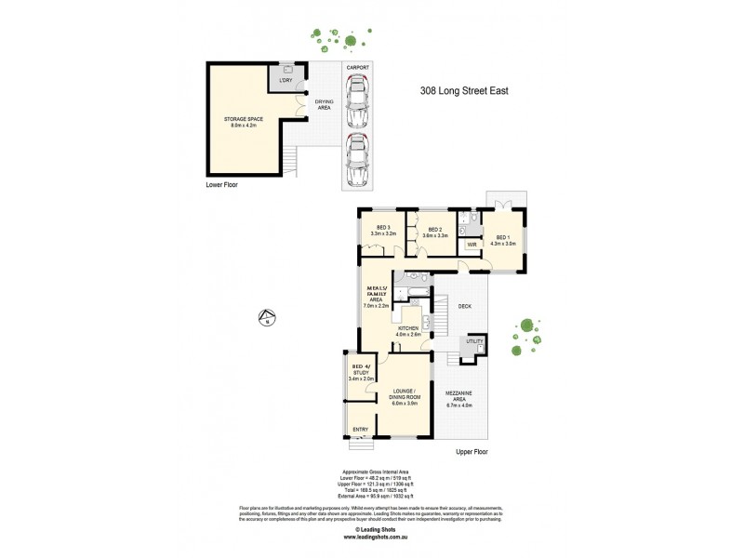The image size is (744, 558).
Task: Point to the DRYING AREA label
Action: click(324, 104)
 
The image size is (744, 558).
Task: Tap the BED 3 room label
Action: click(383, 231)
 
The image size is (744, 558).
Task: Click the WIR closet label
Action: click(472, 246)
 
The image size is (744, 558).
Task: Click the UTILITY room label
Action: click(475, 342)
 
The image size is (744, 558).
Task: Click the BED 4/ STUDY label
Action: click(360, 373)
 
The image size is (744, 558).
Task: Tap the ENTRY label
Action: click(360, 430)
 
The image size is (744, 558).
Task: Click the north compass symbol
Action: click(267, 317)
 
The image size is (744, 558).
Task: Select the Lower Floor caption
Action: click(222, 185)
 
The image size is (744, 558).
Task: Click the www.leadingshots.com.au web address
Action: click(371, 537)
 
